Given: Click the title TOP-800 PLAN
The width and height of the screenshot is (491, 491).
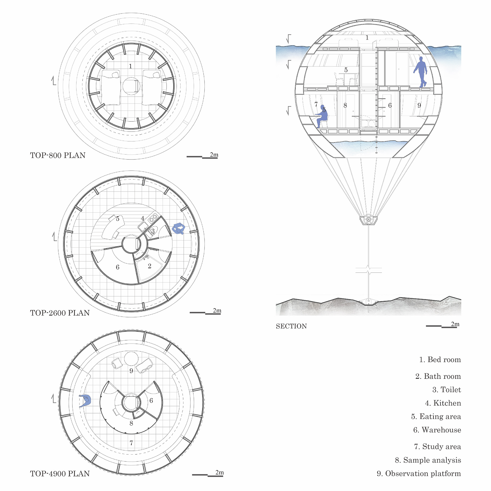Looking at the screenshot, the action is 58,155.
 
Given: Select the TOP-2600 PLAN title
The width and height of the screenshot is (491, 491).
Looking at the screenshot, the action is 60,313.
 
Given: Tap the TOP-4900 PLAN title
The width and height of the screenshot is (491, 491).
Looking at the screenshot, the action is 60,474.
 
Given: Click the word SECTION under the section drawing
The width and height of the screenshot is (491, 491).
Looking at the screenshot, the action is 291,326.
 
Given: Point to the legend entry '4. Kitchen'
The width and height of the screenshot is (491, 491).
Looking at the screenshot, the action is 443,403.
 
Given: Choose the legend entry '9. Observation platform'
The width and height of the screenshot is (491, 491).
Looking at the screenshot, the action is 419,473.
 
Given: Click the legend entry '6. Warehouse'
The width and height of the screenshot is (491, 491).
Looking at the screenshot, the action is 437,430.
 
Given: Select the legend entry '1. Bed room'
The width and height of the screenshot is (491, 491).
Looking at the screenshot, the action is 440,359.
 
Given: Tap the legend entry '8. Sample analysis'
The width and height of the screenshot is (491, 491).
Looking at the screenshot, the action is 428,460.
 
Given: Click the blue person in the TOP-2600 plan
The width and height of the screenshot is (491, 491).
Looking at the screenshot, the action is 178,228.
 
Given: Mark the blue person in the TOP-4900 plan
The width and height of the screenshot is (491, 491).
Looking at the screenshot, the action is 85,401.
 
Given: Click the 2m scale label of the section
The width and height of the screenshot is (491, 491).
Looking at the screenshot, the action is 455,324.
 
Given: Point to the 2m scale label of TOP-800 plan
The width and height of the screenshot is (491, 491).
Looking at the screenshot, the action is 214,155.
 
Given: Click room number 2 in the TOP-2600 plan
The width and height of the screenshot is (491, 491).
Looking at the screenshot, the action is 150,266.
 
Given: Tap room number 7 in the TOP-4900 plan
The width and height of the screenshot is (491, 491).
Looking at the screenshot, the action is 131,443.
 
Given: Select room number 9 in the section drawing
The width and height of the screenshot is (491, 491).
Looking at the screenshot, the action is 419,105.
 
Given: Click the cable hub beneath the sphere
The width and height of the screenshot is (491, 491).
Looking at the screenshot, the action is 369,220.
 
